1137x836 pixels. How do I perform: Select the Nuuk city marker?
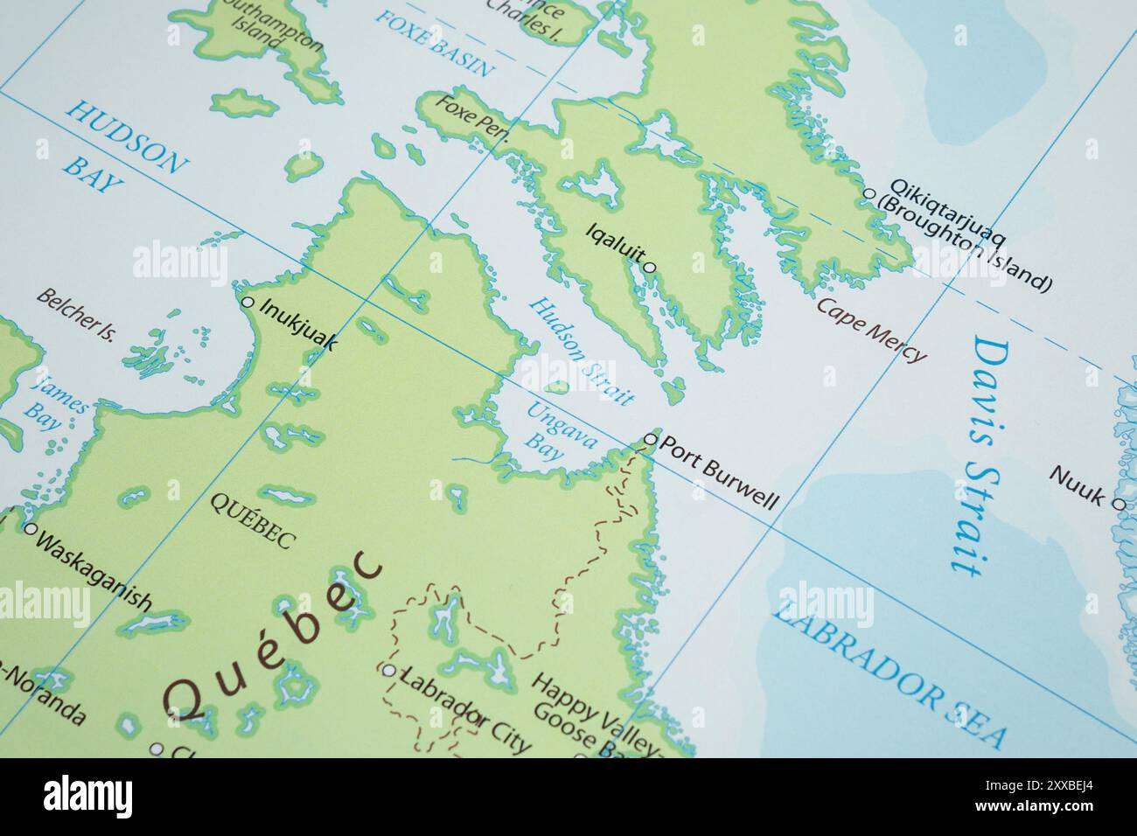coord(1118,503)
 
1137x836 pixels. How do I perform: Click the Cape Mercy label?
coord(870,330)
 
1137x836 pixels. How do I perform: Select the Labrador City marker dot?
coord(388,670)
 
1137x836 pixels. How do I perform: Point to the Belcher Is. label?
coord(76,314)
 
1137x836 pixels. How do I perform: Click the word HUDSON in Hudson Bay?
coord(128,136)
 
